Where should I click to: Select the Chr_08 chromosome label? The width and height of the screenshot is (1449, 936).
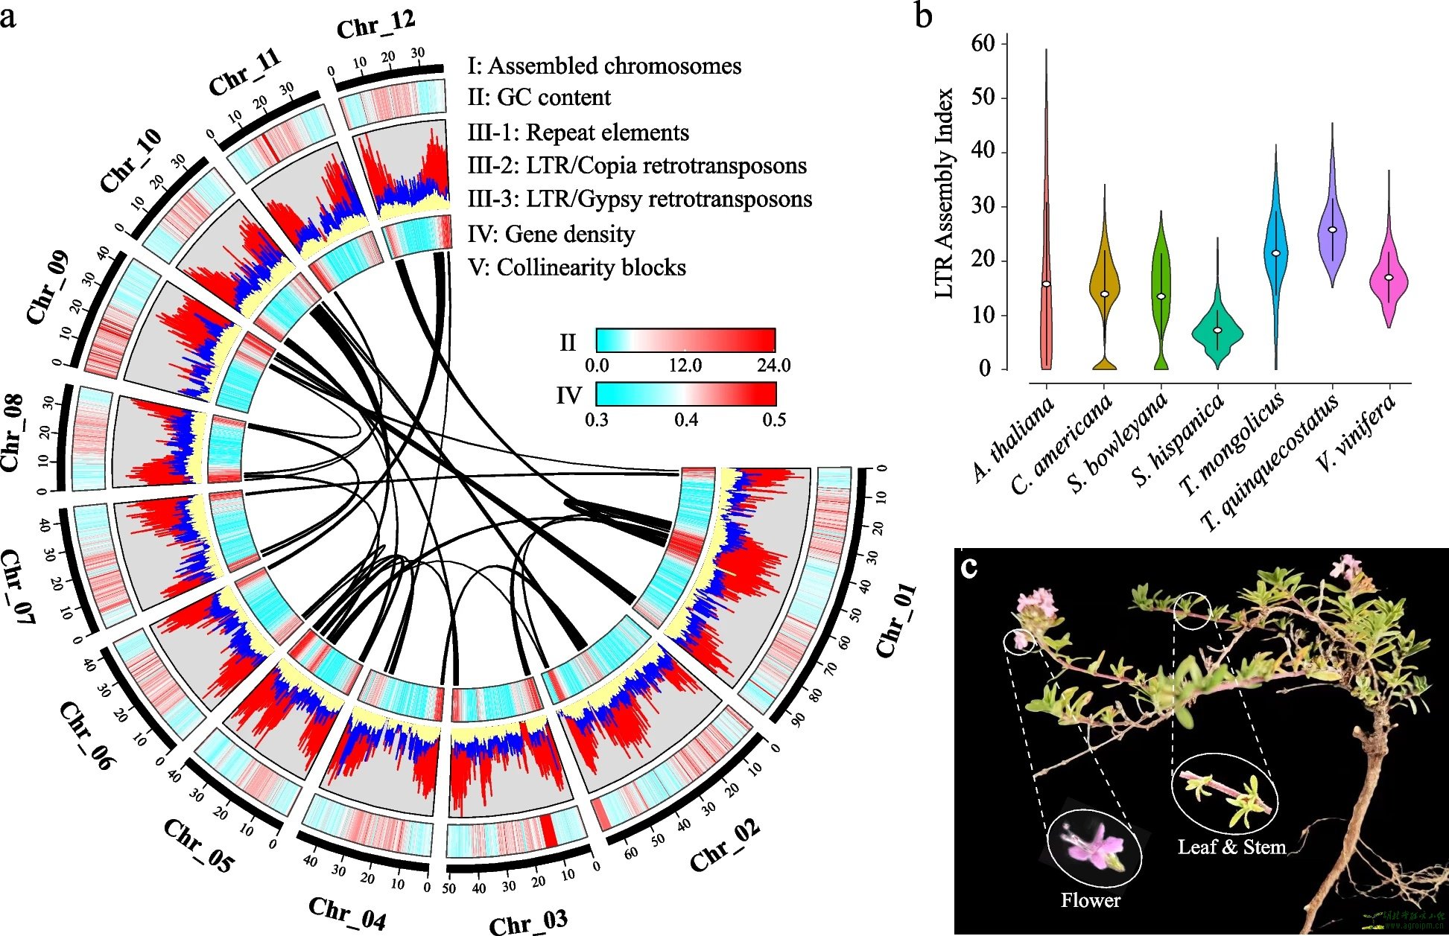[12, 433]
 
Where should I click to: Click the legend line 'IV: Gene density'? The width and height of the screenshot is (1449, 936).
[551, 235]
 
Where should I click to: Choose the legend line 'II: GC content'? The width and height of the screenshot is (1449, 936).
[539, 98]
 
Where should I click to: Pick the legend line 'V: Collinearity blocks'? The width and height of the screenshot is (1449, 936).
[577, 268]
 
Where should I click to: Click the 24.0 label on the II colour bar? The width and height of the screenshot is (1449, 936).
[773, 366]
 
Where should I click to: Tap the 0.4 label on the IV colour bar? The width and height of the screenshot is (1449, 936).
[686, 420]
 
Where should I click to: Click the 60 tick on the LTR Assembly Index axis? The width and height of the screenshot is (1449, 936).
[983, 44]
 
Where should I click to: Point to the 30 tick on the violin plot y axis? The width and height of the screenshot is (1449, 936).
[983, 206]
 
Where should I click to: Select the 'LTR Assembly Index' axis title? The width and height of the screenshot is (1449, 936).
[944, 194]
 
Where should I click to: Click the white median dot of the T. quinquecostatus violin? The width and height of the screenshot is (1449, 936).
[1332, 230]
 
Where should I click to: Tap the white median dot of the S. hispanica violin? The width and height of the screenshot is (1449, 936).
[1217, 330]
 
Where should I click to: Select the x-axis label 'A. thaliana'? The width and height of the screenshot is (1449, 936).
[1013, 439]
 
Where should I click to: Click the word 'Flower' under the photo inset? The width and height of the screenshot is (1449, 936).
[1091, 901]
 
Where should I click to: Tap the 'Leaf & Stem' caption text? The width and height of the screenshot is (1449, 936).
[1231, 847]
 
